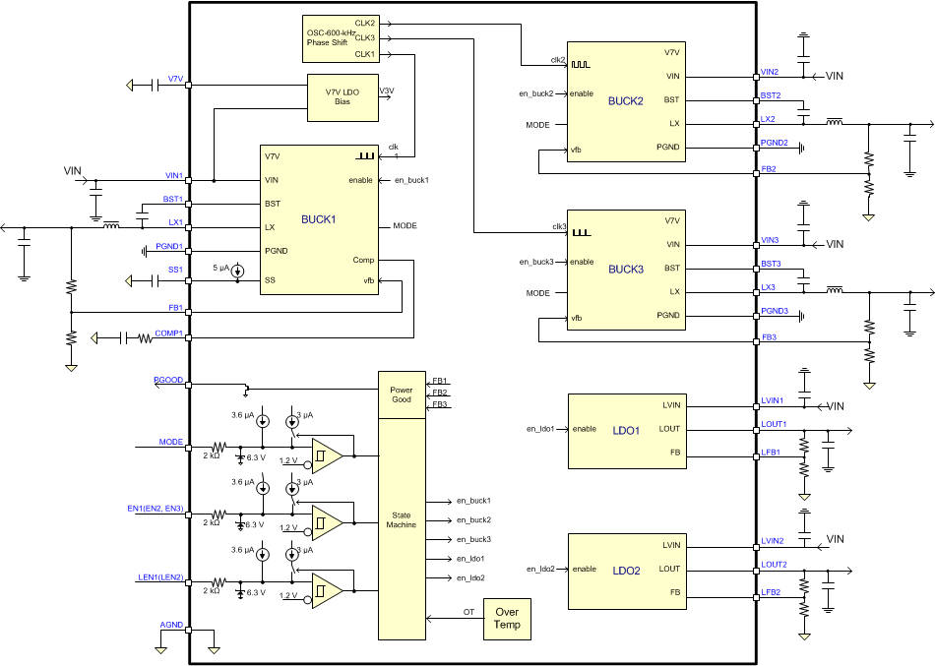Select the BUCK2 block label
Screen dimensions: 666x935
(625, 100)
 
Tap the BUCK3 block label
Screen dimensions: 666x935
(625, 269)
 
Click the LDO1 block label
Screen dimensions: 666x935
(625, 429)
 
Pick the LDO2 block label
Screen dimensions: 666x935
(625, 570)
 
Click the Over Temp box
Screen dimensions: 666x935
(508, 618)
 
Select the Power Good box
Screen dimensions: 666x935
(403, 394)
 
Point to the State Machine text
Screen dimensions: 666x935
(403, 519)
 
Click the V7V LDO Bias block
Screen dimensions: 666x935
(343, 95)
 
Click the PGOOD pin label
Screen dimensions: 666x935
(168, 379)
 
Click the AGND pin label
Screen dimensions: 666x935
(171, 625)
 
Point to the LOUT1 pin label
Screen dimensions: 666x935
(773, 424)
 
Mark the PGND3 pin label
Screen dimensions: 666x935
(775, 311)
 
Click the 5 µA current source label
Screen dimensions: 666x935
(223, 268)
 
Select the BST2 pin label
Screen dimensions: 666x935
(770, 95)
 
